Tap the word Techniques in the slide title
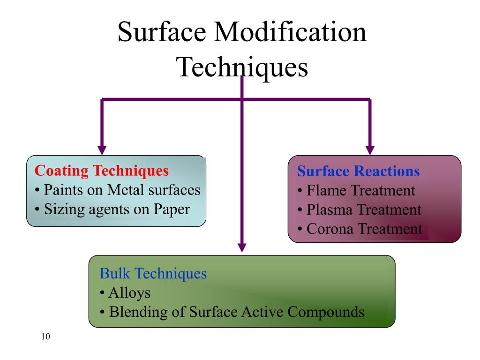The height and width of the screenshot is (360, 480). coord(242,67)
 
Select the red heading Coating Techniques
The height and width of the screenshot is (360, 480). coord(102,171)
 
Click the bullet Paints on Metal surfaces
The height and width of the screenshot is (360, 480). coord(118,190)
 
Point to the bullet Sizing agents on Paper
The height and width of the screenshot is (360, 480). coord(112,209)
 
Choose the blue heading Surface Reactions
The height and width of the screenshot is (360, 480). coord(358,172)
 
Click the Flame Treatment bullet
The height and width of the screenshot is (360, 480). coord(356,191)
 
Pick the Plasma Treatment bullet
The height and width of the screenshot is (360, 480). coord(359,210)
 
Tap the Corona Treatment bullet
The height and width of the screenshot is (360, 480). coord(360,229)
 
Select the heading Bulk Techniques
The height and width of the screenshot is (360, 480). coord(153,273)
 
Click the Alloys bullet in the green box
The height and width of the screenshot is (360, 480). coord(125,293)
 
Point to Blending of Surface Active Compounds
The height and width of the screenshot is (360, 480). coord(232,312)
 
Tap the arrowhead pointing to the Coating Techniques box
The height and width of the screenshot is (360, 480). coord(102,150)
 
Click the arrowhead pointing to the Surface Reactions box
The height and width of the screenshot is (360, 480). coord(370,150)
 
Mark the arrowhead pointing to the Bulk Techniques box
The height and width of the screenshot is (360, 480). coord(242,247)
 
